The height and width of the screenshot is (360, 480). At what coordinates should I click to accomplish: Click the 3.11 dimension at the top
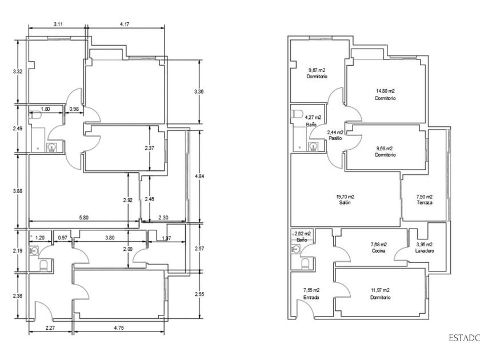pyautogui.click(x=58, y=24)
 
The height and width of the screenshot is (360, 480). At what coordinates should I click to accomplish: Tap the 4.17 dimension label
pyautogui.click(x=125, y=24)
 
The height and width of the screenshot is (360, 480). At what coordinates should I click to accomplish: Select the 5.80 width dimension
pyautogui.click(x=83, y=218)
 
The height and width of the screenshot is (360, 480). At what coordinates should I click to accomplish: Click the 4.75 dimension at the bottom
pyautogui.click(x=119, y=328)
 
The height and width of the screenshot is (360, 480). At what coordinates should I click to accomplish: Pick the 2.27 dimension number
pyautogui.click(x=51, y=328)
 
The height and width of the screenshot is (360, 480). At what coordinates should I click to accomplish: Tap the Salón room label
pyautogui.click(x=345, y=203)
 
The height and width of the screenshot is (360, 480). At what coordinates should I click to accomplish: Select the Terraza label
pyautogui.click(x=424, y=203)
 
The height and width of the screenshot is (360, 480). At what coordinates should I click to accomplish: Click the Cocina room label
pyautogui.click(x=378, y=250)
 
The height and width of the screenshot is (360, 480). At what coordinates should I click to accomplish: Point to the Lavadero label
pyautogui.click(x=424, y=250)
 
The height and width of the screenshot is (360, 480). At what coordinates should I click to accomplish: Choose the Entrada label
pyautogui.click(x=311, y=298)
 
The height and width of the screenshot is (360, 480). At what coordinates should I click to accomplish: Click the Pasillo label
pyautogui.click(x=335, y=138)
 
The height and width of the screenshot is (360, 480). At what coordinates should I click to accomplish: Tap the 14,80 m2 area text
pyautogui.click(x=385, y=91)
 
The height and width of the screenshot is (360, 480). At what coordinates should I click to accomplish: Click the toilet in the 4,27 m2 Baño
pyautogui.click(x=296, y=114)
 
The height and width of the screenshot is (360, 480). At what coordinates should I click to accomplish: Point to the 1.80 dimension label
pyautogui.click(x=46, y=109)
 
